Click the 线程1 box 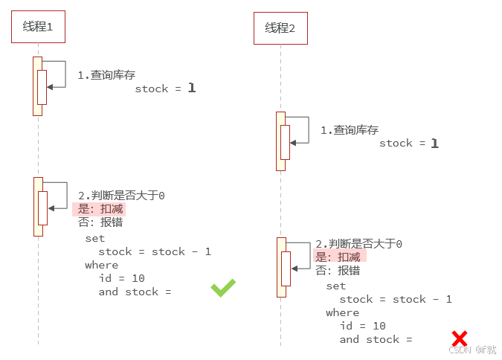click(x=38, y=28)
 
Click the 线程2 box click(x=280, y=28)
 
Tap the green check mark click(x=223, y=287)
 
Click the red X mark click(x=460, y=338)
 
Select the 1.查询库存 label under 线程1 click(x=106, y=75)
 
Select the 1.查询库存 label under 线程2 click(x=350, y=130)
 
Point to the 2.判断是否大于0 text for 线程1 click(x=121, y=196)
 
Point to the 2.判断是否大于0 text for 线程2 click(x=359, y=244)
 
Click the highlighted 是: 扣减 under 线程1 click(x=100, y=209)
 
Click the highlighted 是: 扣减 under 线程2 click(x=338, y=257)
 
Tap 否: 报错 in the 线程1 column click(x=100, y=222)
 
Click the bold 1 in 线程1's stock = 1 click(x=191, y=88)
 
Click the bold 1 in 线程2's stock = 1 click(x=434, y=144)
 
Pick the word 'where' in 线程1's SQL click(x=101, y=265)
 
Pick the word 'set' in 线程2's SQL click(x=336, y=286)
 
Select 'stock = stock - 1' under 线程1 click(x=155, y=251)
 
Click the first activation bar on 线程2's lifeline click(x=281, y=141)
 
